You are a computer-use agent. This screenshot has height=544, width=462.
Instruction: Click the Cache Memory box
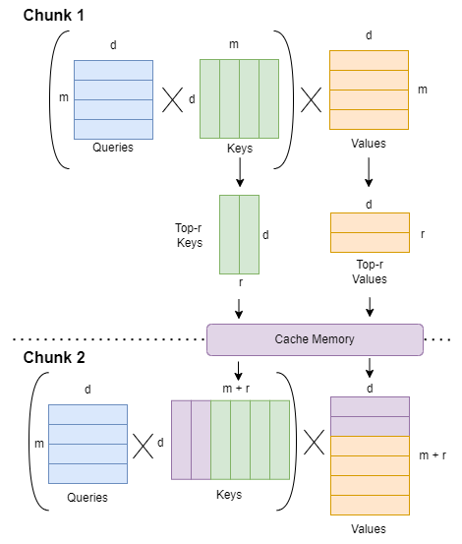315,339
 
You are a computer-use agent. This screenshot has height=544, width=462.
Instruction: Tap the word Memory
332,339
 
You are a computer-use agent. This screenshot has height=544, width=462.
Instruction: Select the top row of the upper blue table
113,70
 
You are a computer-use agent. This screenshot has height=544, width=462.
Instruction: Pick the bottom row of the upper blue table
113,129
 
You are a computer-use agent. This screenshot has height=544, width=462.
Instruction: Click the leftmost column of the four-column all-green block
209,98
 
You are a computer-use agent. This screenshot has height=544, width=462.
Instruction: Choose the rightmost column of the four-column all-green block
268,98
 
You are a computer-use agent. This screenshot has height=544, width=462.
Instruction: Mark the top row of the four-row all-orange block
369,60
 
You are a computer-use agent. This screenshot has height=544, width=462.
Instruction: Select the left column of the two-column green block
229,234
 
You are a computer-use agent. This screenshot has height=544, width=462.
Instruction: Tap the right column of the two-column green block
249,234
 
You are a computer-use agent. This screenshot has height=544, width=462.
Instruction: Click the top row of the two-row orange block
370,222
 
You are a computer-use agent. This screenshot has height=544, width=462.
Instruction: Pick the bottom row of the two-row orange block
370,242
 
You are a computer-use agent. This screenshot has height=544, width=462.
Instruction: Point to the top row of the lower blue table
87,414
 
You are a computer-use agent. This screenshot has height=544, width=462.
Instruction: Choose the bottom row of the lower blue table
87,473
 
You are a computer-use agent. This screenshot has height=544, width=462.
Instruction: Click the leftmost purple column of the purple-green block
181,439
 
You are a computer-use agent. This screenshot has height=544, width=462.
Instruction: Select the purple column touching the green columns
201,439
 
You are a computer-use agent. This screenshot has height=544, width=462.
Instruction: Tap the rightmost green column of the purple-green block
279,439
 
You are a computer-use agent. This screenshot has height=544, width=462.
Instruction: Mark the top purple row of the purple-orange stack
370,406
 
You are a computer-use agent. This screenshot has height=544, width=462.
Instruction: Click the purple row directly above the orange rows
370,426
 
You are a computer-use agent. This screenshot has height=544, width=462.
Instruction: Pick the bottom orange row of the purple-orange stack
370,505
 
